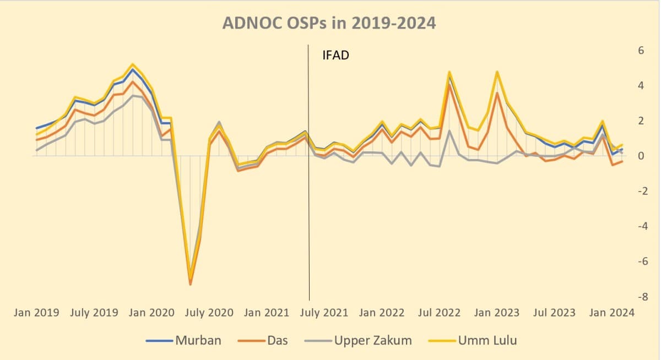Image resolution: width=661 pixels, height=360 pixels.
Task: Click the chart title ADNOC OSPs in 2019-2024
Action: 329,23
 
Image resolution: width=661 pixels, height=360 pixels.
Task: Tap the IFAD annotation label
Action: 335,55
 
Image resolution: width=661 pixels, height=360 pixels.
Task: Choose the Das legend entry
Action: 278,340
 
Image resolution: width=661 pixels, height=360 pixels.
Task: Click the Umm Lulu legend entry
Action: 487,340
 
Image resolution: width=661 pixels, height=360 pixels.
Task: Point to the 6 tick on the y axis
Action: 641,50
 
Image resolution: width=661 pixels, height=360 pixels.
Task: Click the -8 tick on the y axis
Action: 639,297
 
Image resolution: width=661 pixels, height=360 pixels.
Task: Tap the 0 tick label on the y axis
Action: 641,156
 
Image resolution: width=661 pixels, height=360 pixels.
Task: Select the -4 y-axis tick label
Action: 639,226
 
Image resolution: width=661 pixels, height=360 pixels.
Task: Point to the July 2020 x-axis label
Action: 209,313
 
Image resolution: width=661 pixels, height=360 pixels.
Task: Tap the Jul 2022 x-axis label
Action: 439,313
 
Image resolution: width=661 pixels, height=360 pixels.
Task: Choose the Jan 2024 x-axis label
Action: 611,313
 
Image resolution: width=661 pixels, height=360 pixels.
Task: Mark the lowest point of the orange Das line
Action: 191,284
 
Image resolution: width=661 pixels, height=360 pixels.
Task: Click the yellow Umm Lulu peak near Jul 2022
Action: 449,72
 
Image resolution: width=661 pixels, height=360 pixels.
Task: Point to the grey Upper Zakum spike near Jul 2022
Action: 449,130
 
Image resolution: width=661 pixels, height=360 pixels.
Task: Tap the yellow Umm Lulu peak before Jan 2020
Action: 133,64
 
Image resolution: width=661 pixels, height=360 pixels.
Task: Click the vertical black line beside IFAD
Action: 309,165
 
